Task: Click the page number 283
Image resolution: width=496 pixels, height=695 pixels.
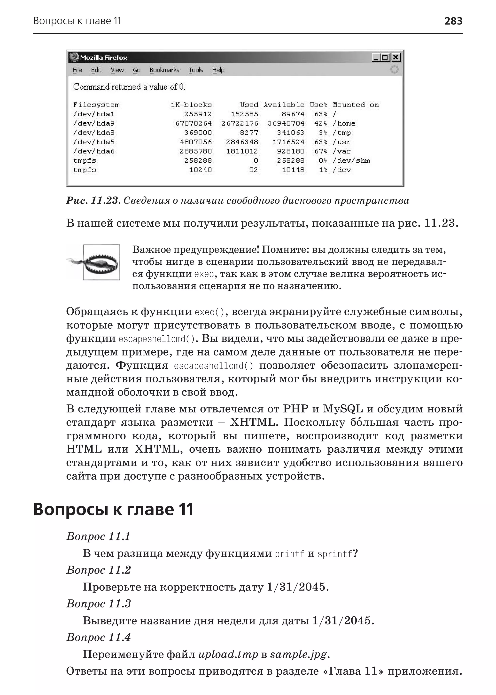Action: (453, 21)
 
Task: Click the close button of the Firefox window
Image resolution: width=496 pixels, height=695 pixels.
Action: (396, 57)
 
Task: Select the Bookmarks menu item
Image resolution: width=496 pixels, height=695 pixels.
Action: (164, 70)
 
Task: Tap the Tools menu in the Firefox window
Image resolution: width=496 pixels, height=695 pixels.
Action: (195, 70)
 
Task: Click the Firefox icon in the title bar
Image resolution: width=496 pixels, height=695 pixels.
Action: (74, 57)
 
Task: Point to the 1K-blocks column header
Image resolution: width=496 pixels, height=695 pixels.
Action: (191, 105)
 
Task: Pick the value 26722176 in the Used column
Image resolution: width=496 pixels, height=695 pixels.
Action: (240, 124)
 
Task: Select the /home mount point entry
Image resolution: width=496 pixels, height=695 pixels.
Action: (344, 124)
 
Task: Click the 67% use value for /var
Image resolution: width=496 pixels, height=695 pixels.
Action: (321, 151)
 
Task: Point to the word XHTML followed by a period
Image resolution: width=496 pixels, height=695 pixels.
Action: (254, 422)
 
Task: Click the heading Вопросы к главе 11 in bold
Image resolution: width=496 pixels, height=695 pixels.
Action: (113, 509)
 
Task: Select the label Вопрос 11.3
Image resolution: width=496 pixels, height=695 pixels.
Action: (98, 604)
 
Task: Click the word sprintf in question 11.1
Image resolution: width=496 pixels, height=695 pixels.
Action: (335, 554)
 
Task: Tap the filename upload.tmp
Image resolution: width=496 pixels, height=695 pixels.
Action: (228, 654)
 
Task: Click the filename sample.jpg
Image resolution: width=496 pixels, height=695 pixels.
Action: (298, 654)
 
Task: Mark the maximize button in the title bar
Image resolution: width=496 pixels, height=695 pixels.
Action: (385, 57)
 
